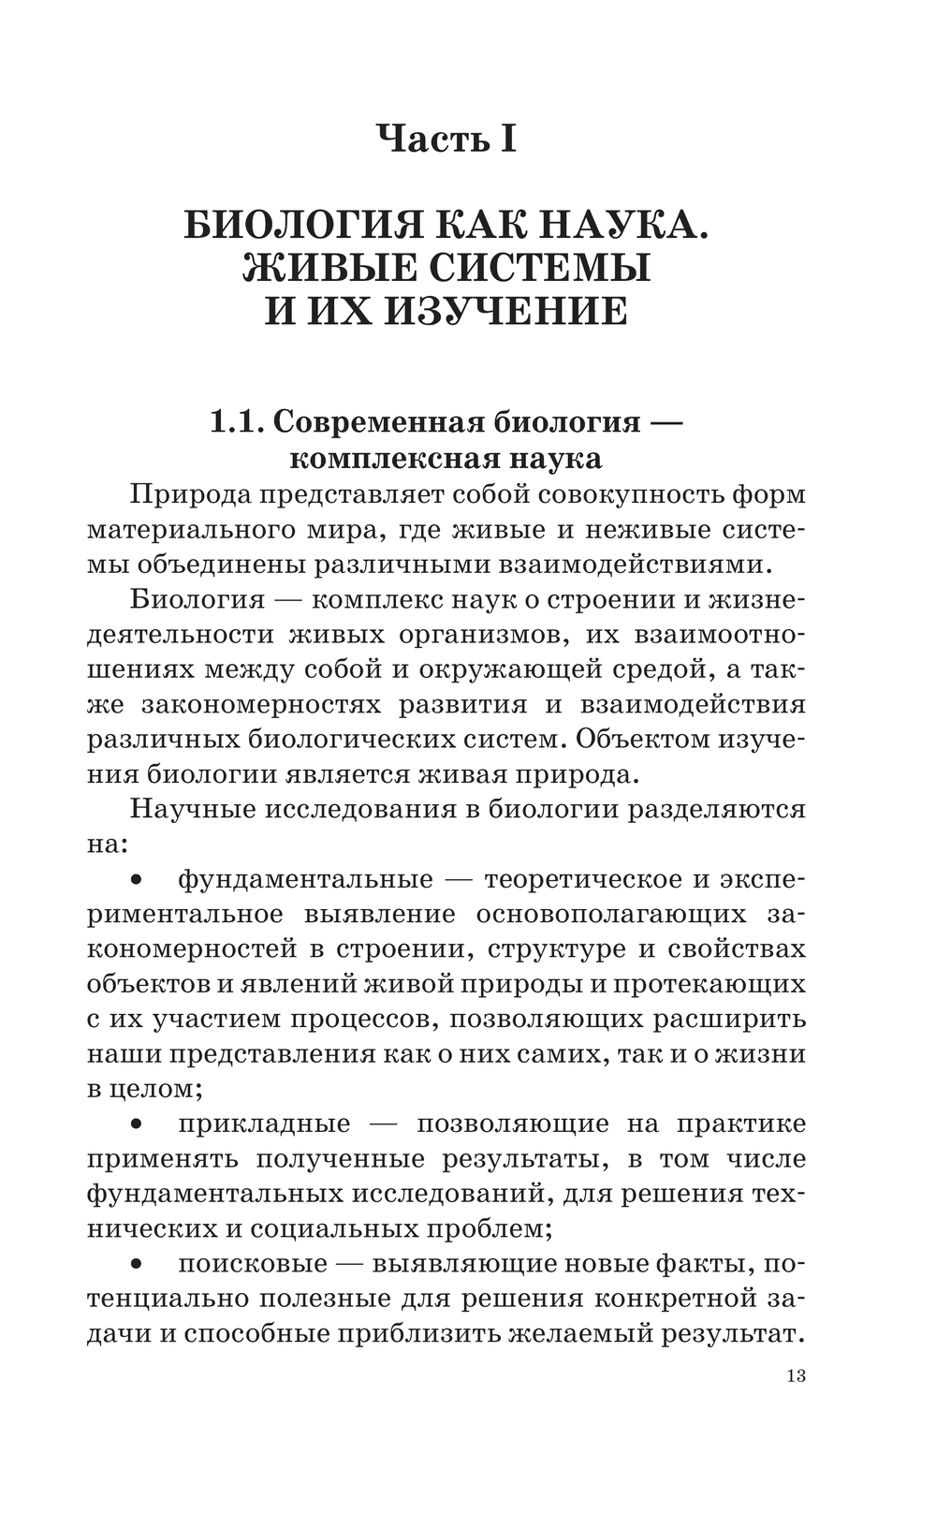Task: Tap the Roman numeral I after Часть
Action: coord(506,139)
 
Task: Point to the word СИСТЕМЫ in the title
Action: coord(539,269)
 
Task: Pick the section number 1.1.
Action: coord(235,421)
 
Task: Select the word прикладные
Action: coord(264,1124)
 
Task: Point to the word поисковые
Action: coord(253,1264)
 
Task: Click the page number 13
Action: coord(796,1376)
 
